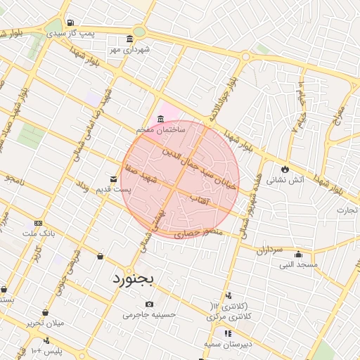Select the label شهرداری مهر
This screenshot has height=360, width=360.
coord(130,50)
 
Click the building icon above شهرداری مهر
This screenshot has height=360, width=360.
coord(130,39)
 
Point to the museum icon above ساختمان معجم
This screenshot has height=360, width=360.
coord(161,117)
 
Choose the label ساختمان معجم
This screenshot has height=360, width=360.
coord(161,130)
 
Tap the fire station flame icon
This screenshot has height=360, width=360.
coord(285,169)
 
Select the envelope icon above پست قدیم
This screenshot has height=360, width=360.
coord(113,179)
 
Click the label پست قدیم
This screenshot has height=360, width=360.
coord(113,191)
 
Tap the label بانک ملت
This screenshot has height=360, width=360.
coord(38,233)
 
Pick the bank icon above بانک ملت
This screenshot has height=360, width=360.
coord(38,222)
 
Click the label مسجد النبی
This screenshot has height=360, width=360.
coord(299,265)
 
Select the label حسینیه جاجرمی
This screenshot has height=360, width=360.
coord(149,315)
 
